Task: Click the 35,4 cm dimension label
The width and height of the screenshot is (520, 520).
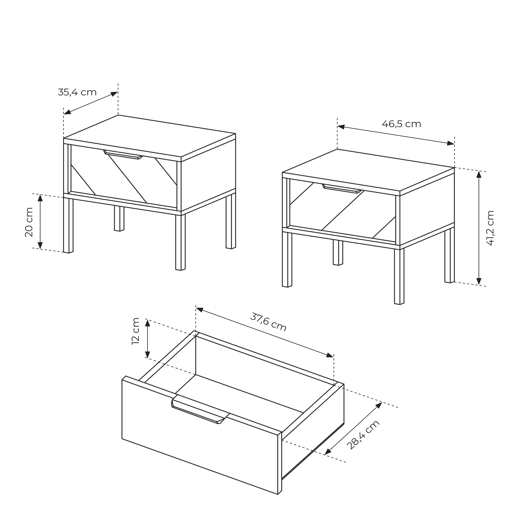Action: point(77,92)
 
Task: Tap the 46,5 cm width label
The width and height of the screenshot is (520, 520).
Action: point(401,124)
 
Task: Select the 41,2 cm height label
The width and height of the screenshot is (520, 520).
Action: point(490,228)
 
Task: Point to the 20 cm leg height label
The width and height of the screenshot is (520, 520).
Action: point(29,222)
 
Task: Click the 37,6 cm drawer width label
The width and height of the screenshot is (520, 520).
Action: point(268,322)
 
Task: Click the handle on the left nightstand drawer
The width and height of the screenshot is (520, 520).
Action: point(123,154)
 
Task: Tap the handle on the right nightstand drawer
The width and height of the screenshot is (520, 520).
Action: point(342,189)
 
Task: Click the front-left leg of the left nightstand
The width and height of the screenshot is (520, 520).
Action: point(68,225)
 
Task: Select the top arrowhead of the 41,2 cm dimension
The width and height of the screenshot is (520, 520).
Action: point(479,175)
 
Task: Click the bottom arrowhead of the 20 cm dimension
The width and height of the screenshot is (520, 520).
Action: point(40,245)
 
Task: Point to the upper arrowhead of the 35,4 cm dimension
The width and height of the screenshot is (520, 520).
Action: point(114,94)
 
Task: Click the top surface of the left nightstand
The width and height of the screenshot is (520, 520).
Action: point(150,136)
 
